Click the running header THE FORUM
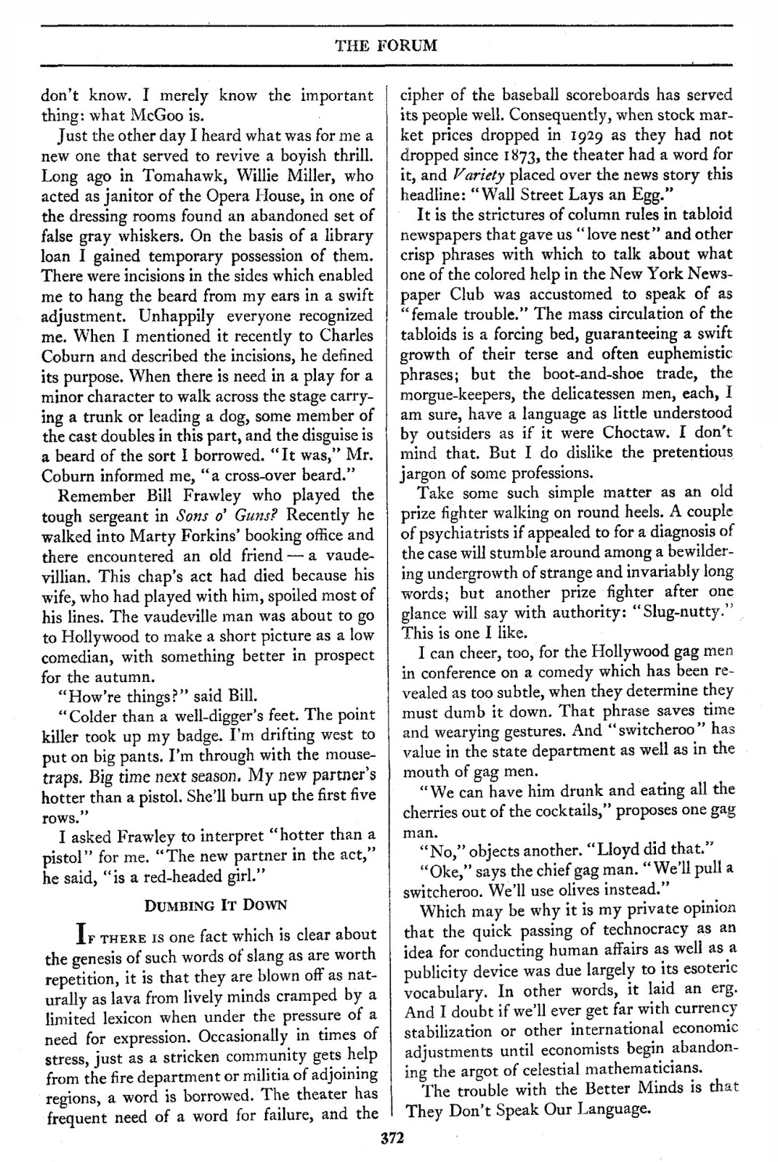[386, 46]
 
